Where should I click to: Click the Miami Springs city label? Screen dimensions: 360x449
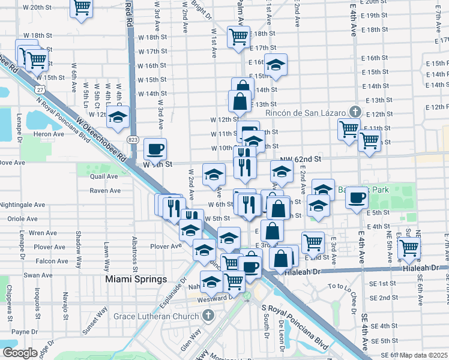point(136,280)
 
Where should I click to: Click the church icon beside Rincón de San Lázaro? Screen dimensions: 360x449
point(355,112)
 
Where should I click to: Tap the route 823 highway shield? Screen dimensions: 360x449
point(133,139)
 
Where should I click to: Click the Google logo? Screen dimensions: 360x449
point(19,353)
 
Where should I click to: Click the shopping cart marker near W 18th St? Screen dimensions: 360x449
point(238,37)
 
